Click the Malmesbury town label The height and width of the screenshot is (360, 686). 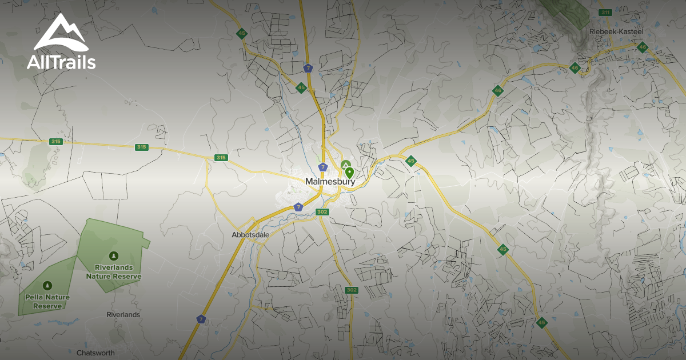click(330, 182)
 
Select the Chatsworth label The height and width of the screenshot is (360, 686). click(95, 353)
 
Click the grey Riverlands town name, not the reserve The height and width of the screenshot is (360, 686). click(123, 315)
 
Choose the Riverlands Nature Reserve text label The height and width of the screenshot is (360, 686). click(113, 271)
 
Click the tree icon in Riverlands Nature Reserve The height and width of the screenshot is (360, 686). click(113, 255)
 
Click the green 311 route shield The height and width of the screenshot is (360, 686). click(605, 13)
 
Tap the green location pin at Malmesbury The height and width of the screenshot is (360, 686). click(349, 173)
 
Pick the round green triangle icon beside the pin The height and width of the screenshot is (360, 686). click(345, 165)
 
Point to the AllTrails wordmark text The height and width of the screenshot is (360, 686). click(61, 62)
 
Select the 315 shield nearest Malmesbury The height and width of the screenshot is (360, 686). click(221, 158)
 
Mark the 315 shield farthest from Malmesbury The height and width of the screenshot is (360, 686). click(55, 142)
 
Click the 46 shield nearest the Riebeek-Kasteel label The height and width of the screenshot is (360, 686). click(642, 47)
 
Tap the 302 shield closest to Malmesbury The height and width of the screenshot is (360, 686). click(322, 212)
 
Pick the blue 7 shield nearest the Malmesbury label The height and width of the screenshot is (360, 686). click(323, 167)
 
